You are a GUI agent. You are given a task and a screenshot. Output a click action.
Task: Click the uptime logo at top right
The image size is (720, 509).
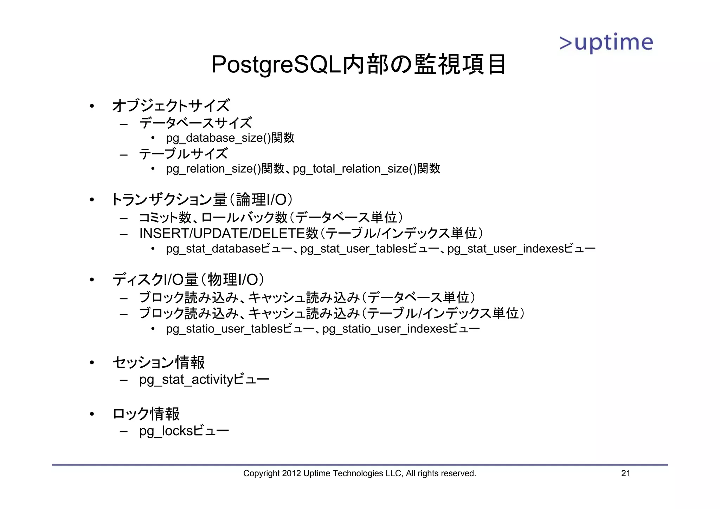click(x=606, y=43)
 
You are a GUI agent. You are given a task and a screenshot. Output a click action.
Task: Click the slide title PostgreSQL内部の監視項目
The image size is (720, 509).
click(x=359, y=65)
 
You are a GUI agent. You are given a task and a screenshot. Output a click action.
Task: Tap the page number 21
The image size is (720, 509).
click(x=625, y=473)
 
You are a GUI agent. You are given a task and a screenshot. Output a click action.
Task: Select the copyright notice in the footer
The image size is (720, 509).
click(x=359, y=473)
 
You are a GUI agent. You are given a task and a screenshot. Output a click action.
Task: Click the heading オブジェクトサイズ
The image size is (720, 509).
click(x=171, y=105)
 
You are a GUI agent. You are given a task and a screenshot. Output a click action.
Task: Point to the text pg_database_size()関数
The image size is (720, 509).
click(x=230, y=138)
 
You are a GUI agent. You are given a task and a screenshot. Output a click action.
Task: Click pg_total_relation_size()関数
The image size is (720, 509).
click(x=366, y=169)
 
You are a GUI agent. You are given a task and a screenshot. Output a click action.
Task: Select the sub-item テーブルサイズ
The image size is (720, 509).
click(x=184, y=154)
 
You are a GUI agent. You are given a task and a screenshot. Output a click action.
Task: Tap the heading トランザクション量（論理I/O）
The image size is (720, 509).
click(x=202, y=200)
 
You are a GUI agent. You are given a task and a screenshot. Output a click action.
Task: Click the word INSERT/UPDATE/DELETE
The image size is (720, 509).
click(x=222, y=233)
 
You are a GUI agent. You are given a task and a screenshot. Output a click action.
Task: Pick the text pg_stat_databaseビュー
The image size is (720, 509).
click(x=229, y=249)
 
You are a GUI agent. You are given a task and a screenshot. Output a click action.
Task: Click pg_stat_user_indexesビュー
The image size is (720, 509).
click(x=521, y=249)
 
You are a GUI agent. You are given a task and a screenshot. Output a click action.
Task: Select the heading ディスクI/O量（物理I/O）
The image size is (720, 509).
click(x=188, y=280)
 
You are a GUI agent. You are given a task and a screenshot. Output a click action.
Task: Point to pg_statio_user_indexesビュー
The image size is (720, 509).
click(x=401, y=329)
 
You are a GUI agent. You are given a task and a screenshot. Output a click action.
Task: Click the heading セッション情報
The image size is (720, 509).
click(x=159, y=362)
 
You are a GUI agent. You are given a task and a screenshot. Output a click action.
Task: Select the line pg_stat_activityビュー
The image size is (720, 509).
click(x=204, y=380)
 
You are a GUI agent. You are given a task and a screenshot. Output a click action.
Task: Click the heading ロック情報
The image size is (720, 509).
click(x=146, y=414)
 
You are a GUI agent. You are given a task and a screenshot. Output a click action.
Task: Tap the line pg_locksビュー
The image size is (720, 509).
click(x=184, y=431)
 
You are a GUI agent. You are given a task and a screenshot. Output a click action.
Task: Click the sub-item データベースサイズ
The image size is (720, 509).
click(x=195, y=123)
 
